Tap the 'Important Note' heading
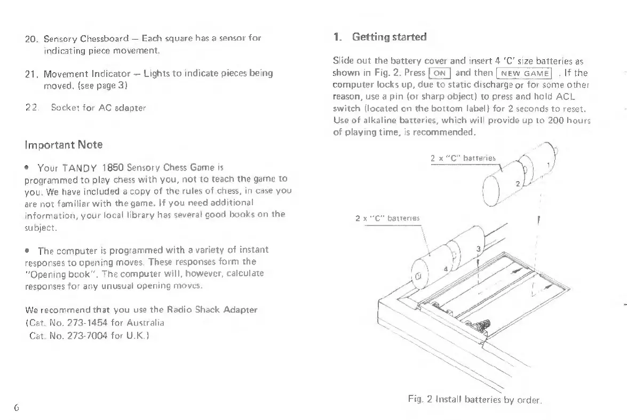tap(64, 144)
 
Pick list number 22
tap(30, 107)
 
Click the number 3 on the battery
tap(478, 250)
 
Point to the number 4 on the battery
tap(446, 269)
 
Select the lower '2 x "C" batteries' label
tap(388, 218)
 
